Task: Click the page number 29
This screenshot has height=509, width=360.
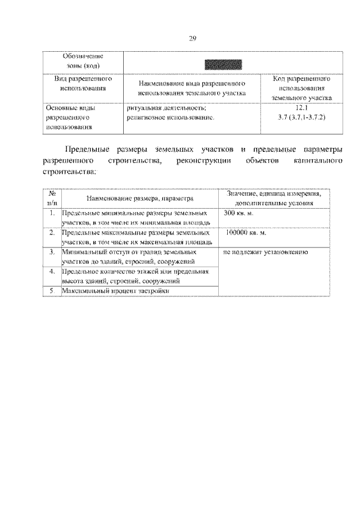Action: pos(192,38)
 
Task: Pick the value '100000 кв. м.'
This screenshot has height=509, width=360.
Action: pos(244,232)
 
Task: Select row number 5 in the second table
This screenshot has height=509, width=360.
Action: pos(52,290)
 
